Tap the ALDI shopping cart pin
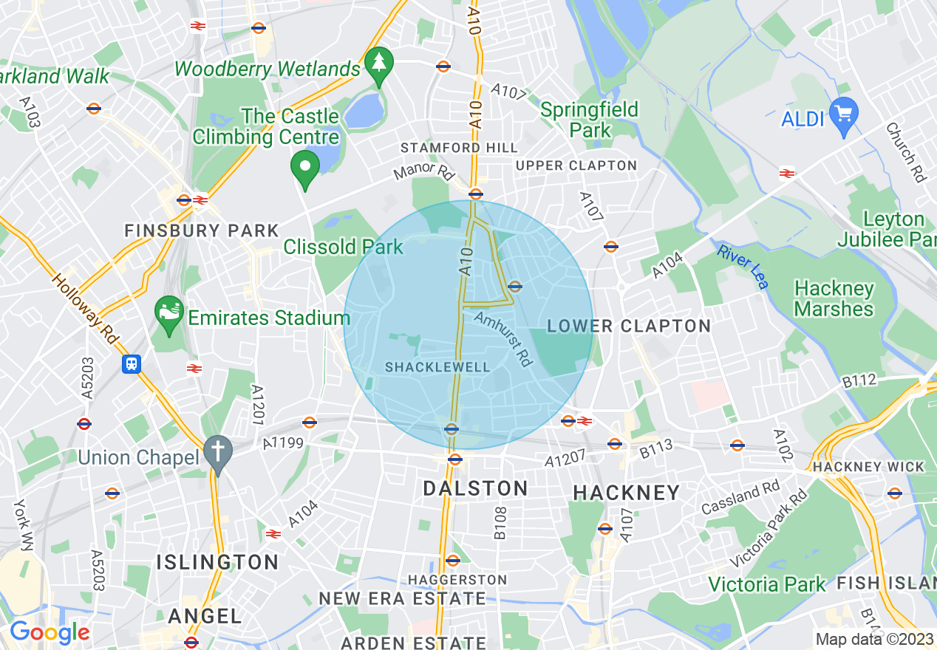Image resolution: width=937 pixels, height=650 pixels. click(845, 115)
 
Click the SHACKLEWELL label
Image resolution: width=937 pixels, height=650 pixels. click(437, 367)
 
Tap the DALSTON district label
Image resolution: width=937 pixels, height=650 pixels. click(475, 488)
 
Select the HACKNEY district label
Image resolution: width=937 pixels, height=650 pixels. click(626, 493)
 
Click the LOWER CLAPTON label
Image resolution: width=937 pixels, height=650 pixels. click(629, 326)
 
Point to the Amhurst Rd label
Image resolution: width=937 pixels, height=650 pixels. click(504, 338)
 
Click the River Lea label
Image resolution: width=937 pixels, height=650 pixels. click(743, 267)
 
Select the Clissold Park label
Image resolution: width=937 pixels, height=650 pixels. click(344, 247)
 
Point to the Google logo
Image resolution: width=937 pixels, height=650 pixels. click(49, 632)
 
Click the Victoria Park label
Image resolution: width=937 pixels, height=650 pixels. click(766, 584)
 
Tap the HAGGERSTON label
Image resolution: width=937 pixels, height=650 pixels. click(458, 580)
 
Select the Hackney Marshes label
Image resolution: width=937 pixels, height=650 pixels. click(834, 298)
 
